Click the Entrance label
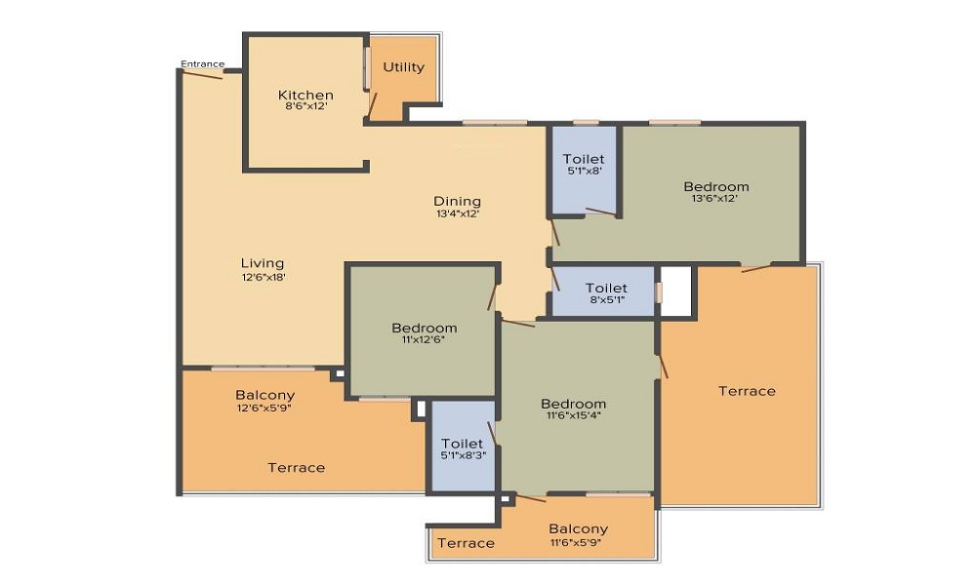[x=202, y=63]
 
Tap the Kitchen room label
[x=305, y=96]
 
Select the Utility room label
[x=403, y=67]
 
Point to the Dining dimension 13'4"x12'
[x=458, y=214]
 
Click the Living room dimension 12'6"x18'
[x=264, y=277]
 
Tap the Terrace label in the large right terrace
[x=747, y=391]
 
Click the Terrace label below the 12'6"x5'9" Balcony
[x=297, y=467]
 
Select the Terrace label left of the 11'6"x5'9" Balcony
[x=467, y=543]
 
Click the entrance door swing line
[x=203, y=74]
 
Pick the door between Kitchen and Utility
[x=372, y=105]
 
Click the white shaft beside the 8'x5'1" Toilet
[x=676, y=292]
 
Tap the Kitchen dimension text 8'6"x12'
[x=305, y=106]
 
